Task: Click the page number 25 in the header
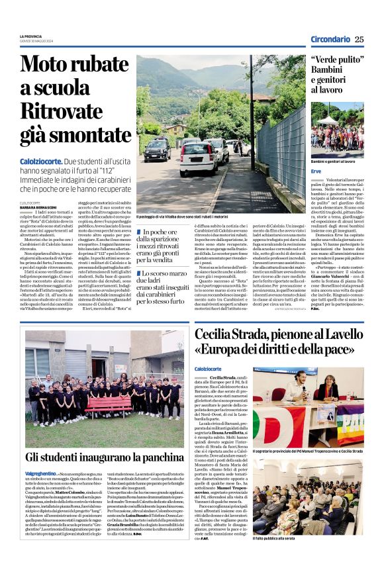(359, 39)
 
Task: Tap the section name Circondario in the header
(330, 39)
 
